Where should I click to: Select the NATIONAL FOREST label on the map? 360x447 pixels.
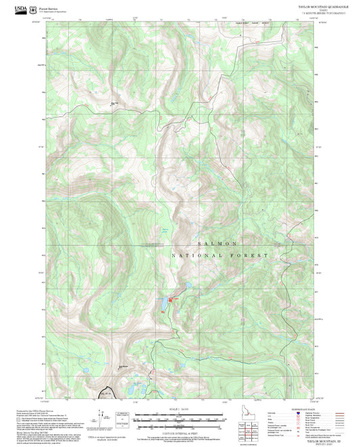pyautogui.click(x=220, y=256)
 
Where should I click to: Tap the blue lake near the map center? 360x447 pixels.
pyautogui.click(x=163, y=305)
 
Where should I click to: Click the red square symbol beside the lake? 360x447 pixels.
pyautogui.click(x=170, y=299)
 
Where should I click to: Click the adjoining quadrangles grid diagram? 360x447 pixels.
pyautogui.click(x=250, y=427)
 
